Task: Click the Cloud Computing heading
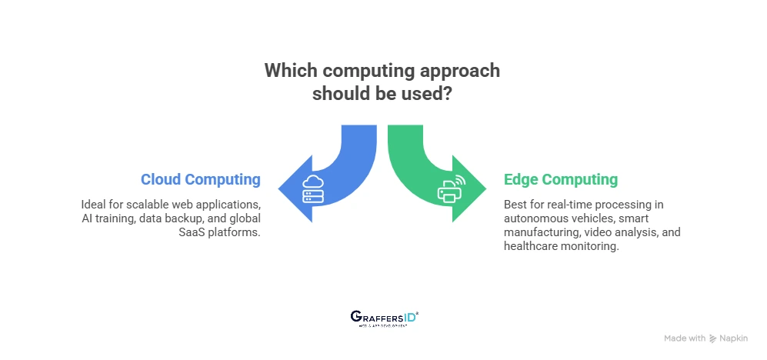coord(200,180)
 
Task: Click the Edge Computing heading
coord(560,180)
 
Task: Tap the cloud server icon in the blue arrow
coord(313,189)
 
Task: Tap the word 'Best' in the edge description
coord(516,205)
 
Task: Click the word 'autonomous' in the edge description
coord(539,218)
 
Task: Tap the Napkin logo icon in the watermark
coord(713,338)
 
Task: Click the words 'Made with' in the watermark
coord(685,338)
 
